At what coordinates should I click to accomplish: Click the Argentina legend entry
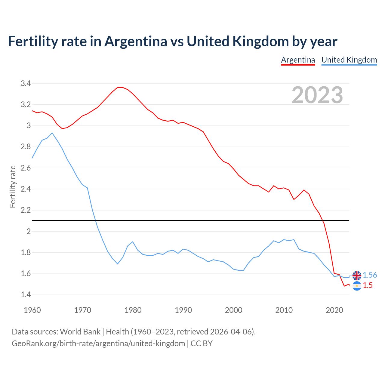[x=298, y=60]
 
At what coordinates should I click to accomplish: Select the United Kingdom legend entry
[x=349, y=60]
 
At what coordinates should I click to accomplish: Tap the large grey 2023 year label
[x=317, y=95]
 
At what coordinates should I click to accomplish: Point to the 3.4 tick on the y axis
[x=26, y=84]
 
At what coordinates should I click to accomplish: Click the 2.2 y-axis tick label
[x=26, y=210]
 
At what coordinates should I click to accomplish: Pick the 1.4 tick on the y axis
[x=26, y=295]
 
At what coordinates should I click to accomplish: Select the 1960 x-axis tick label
[x=32, y=310]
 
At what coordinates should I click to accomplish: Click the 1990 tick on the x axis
[x=183, y=310]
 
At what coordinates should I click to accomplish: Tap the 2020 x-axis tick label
[x=334, y=310]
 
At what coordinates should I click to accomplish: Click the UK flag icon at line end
[x=357, y=275]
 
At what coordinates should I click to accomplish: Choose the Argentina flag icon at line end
[x=357, y=286]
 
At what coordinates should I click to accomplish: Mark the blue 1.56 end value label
[x=370, y=275]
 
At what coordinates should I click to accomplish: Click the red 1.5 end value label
[x=368, y=285]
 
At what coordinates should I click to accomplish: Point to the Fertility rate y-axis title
[x=13, y=186]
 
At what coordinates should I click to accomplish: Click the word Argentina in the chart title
[x=135, y=42]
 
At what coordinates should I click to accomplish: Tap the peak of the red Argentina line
[x=120, y=87]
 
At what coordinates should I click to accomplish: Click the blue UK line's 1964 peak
[x=52, y=133]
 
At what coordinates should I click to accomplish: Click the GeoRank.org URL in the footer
[x=98, y=343]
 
